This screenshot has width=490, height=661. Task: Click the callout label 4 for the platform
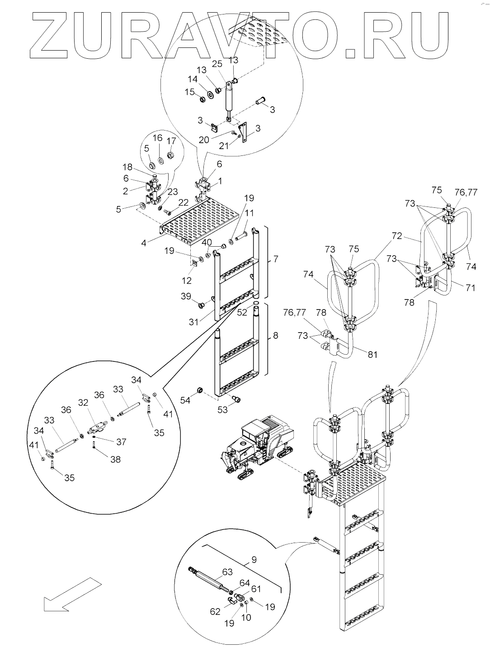[144, 243]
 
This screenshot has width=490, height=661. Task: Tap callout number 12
[187, 281]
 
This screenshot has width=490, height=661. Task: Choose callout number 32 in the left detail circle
[83, 403]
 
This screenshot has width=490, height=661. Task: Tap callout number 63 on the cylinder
[227, 572]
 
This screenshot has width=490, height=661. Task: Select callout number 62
[215, 611]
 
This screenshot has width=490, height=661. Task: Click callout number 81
[372, 354]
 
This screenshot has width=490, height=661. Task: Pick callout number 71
[471, 287]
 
